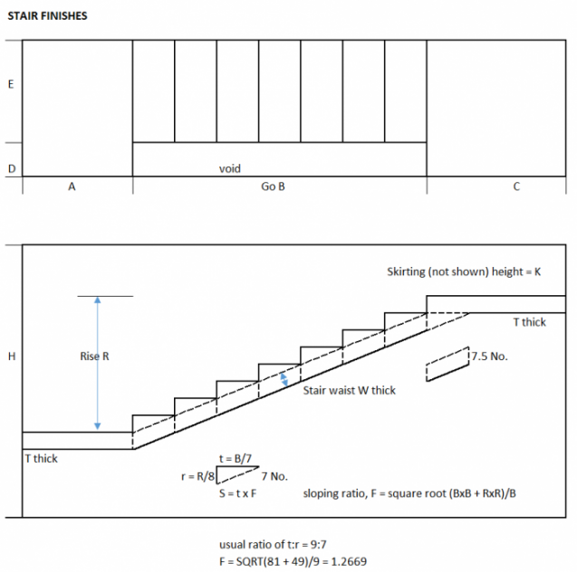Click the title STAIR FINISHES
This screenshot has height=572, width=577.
[x=47, y=15]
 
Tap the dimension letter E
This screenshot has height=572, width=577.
[x=10, y=84]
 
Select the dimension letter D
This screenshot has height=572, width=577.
[x=10, y=168]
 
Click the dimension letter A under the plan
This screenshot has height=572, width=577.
[x=71, y=188]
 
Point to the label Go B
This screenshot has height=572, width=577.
[x=273, y=188]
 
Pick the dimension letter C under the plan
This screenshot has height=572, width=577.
[x=516, y=188]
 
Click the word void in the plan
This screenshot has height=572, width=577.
[x=230, y=168]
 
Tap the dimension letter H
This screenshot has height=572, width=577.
[x=10, y=357]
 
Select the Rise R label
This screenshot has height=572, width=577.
[x=94, y=357]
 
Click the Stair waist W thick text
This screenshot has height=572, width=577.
[x=350, y=391]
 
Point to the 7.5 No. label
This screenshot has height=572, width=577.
[x=490, y=356]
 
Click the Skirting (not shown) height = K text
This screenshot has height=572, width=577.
[x=464, y=272]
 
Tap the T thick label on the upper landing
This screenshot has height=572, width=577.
[x=529, y=321]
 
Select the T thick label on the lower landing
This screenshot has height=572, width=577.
[x=42, y=459]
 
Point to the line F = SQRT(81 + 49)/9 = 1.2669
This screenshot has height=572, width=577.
[x=293, y=561]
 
